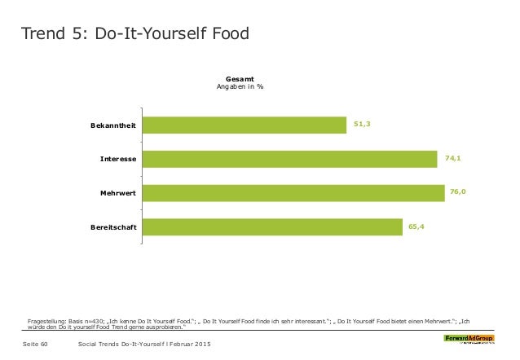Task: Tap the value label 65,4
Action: point(416,226)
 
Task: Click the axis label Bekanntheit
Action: point(113,125)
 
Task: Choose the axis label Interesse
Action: point(118,158)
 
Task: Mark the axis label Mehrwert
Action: point(118,192)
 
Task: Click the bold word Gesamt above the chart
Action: point(239,79)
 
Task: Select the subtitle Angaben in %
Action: point(239,87)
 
